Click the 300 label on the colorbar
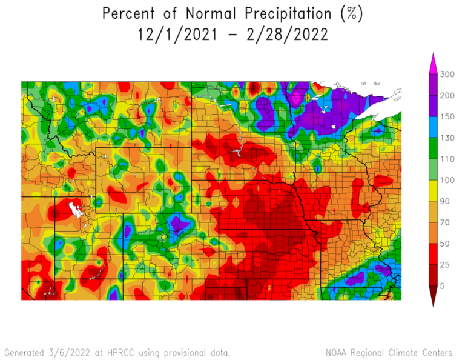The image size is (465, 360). click(447, 75)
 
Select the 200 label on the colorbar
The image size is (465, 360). click(447, 96)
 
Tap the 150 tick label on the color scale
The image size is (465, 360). click(447, 116)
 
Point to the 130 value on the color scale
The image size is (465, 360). click(447, 138)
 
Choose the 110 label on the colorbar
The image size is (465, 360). click(447, 159)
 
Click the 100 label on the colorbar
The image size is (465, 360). click(447, 180)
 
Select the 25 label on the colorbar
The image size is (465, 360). click(445, 264)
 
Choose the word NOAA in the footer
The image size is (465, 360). click(335, 352)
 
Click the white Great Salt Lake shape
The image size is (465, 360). click(76, 209)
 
